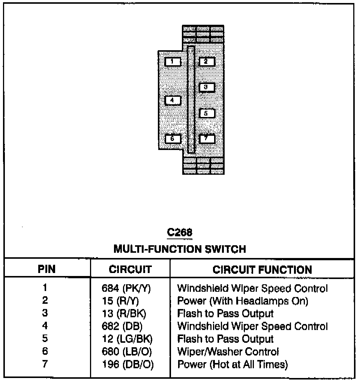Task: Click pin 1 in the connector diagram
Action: tap(172, 61)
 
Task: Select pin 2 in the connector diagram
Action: tap(207, 61)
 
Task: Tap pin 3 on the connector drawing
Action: tap(207, 87)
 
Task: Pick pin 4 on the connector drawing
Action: tap(172, 100)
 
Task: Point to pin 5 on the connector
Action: tap(207, 113)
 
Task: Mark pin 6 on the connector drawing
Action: tap(172, 139)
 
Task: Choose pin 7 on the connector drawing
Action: tap(207, 139)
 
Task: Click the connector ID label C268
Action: tap(180, 232)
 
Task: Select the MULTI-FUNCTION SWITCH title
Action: tap(180, 249)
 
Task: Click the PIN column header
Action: tap(46, 269)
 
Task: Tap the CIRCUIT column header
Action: tap(130, 269)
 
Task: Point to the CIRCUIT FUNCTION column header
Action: tap(262, 269)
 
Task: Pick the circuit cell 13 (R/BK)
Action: tap(124, 313)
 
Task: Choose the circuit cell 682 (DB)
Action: tap(122, 326)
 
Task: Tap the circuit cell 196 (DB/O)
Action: tap(127, 364)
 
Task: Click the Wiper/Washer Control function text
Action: tap(228, 351)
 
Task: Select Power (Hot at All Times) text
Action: tap(232, 364)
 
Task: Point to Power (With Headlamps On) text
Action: tap(243, 301)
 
